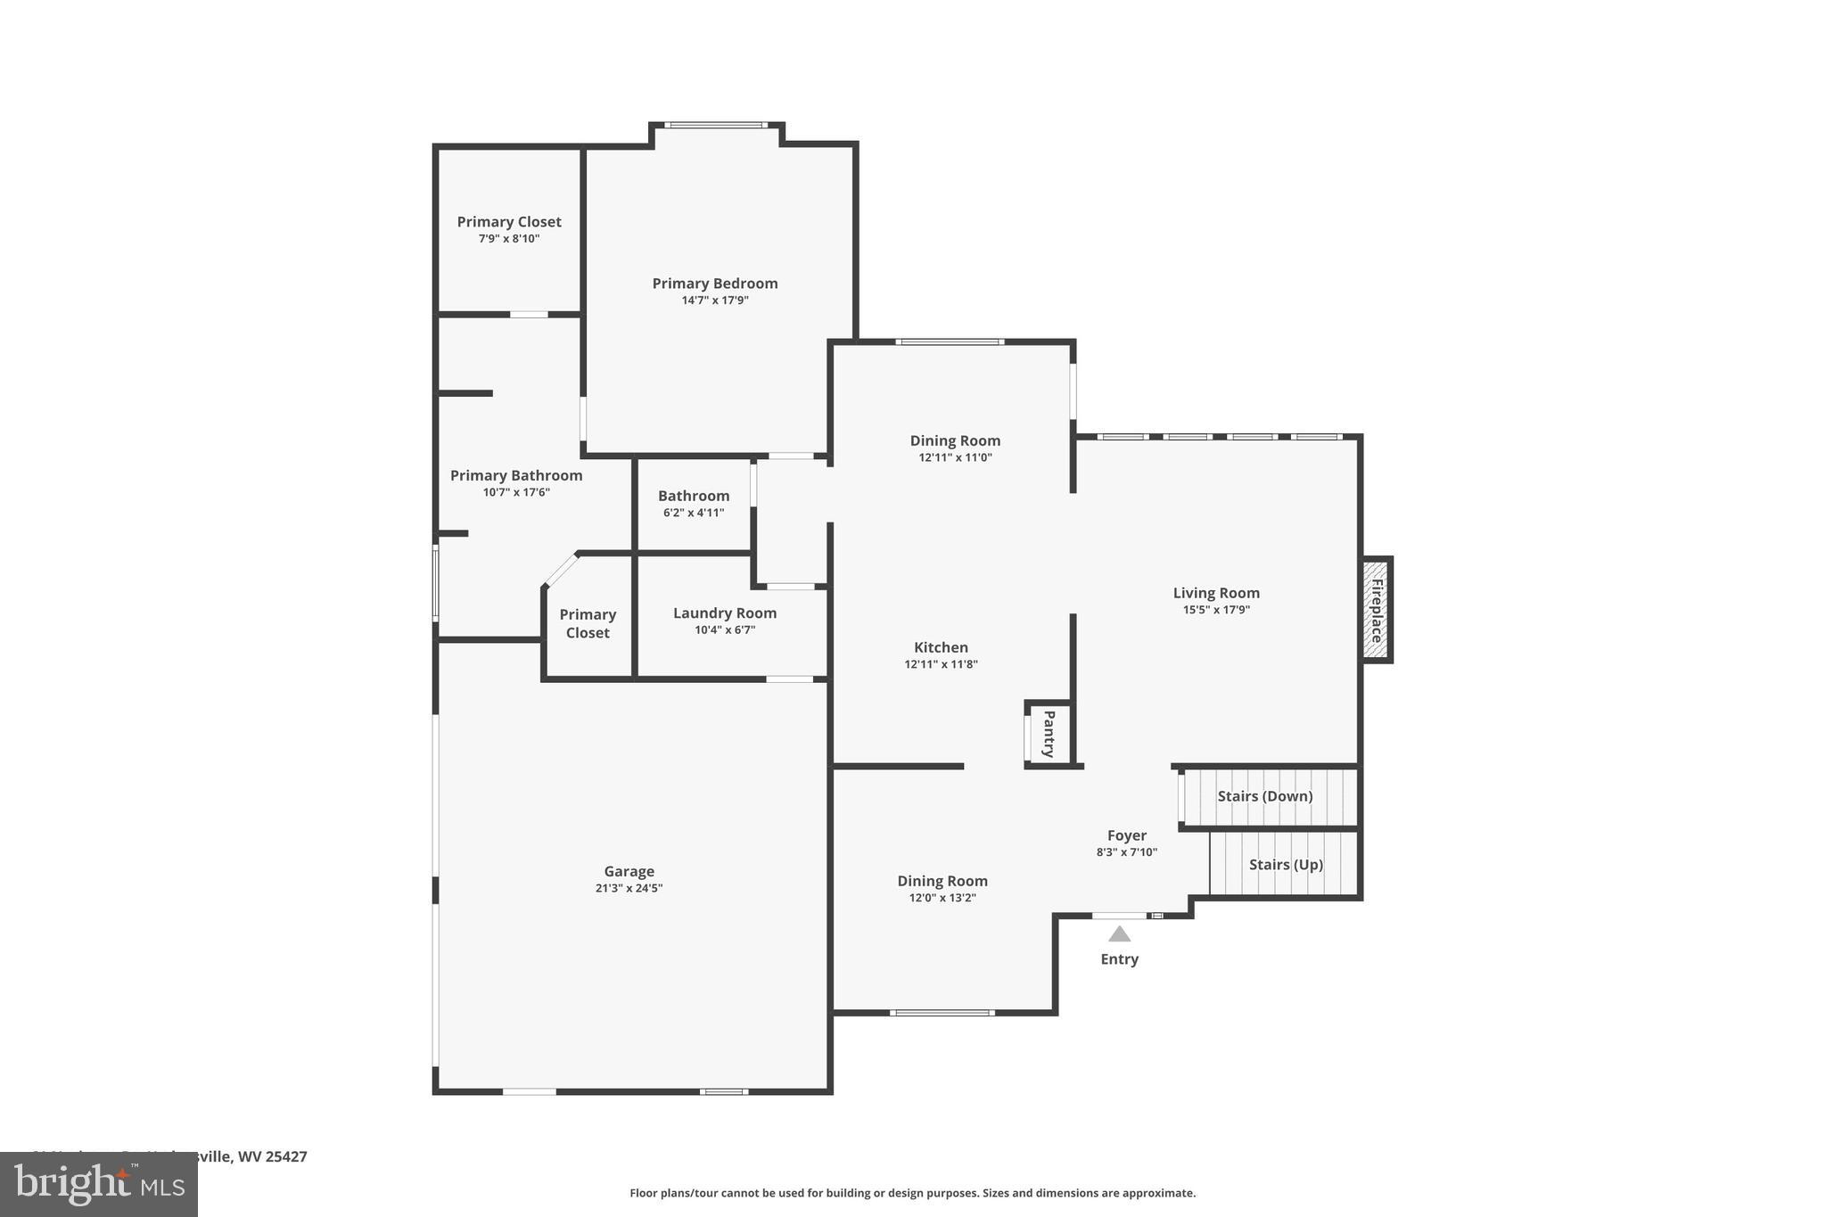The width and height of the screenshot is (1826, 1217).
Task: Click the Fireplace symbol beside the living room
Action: pos(1377,610)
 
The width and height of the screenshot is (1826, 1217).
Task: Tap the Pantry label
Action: pos(1049,733)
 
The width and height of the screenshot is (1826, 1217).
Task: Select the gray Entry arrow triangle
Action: pos(1119,934)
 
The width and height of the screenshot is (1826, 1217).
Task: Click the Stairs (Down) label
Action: pos(1264,796)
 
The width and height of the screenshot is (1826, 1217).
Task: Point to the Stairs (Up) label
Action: pos(1285,865)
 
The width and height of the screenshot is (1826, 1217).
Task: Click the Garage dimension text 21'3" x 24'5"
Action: pos(629,888)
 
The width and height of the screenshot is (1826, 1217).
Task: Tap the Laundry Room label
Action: pos(724,613)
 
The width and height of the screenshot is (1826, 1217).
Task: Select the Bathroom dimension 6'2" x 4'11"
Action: pos(693,513)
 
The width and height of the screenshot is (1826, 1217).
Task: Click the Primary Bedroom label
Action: pos(714,284)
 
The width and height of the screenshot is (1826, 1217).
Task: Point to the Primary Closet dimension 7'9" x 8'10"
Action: pos(508,239)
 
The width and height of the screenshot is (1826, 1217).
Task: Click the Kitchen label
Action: pos(941,648)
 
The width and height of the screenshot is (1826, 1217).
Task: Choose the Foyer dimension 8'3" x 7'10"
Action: pos(1126,852)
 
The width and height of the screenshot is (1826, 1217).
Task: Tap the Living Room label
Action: pos(1215,593)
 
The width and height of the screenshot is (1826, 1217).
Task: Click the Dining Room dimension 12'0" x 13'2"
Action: pos(942,898)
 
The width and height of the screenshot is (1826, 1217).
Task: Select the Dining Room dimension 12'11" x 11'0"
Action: pos(955,457)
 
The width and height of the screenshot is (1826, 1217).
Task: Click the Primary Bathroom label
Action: pos(515,476)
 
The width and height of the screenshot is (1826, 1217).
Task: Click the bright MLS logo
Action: pos(98,1184)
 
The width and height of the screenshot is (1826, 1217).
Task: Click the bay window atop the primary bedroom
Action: pos(715,125)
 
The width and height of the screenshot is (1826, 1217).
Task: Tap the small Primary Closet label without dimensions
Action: pos(588,623)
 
